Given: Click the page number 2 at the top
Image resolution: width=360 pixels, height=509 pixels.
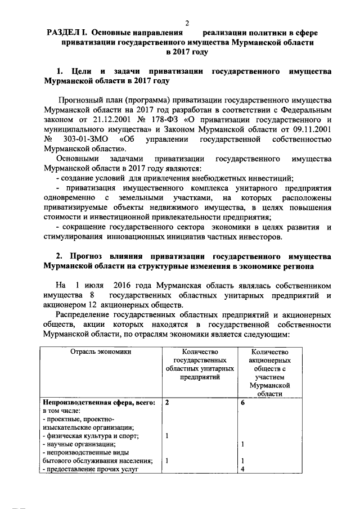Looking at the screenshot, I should (187, 22).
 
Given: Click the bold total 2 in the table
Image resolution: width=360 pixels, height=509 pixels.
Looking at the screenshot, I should (167, 403).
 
